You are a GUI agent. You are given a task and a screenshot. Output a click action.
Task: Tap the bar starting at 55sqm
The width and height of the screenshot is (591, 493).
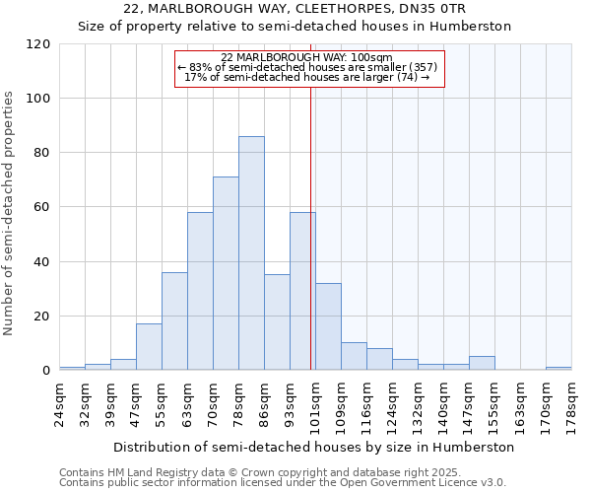tap(174, 321)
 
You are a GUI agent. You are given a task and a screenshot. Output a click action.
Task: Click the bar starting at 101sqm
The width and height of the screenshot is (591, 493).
tap(328, 326)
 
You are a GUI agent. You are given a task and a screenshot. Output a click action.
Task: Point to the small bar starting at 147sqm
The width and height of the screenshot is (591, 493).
tap(482, 363)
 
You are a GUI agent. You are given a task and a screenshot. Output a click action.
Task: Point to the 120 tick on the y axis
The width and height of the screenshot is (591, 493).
tap(39, 44)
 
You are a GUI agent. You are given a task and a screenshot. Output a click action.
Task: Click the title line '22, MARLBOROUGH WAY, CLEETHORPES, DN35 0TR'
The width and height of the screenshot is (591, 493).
tap(295, 9)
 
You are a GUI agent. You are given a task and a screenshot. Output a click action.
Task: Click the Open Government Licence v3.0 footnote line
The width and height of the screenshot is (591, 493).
tap(283, 482)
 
